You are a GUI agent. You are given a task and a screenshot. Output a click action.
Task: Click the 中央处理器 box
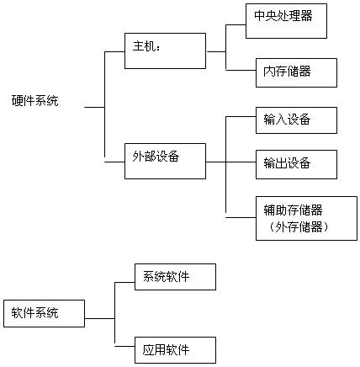[x=286, y=21]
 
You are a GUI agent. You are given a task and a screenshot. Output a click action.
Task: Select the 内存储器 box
[x=296, y=72]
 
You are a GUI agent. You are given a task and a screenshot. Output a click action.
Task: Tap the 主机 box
[x=165, y=51]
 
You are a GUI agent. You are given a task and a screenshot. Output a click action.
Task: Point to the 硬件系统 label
[x=35, y=101]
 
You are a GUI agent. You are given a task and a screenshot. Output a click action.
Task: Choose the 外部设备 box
[x=165, y=161]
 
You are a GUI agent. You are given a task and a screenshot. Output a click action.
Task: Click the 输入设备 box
[x=296, y=120]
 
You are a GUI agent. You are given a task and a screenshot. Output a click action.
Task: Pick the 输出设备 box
[x=296, y=164]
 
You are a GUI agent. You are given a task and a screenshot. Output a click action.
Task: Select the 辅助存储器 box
[x=306, y=218]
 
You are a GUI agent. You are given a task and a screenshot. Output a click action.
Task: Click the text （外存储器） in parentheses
[x=298, y=227]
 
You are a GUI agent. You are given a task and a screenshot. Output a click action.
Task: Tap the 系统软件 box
[x=175, y=277]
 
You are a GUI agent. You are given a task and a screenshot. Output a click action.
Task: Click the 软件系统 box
[x=44, y=313]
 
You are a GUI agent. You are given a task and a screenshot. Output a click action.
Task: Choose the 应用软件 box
[x=175, y=350]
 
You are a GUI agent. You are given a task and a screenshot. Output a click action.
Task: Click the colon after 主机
[x=158, y=48]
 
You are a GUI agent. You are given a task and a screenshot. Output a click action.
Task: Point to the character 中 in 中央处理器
[x=260, y=15]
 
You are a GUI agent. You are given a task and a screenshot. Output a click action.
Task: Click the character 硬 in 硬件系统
[x=18, y=101]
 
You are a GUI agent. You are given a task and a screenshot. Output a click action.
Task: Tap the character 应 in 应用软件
[x=148, y=350]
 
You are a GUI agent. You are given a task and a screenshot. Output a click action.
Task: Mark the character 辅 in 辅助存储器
[x=269, y=210]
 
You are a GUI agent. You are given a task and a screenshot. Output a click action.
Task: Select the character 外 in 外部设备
[x=138, y=157]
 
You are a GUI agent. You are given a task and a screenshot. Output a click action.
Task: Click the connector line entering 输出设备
[x=241, y=162]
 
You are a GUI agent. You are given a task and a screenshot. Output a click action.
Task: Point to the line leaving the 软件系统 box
[x=99, y=318]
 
